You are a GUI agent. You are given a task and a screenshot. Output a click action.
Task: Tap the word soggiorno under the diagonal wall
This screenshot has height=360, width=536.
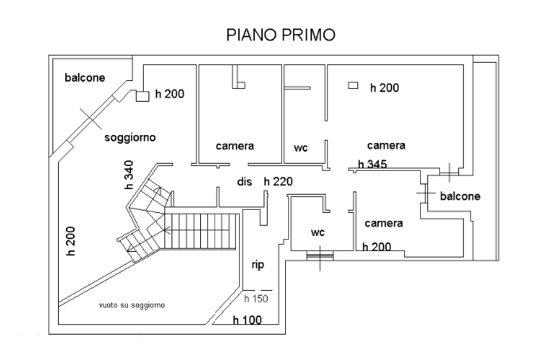coord(129,137)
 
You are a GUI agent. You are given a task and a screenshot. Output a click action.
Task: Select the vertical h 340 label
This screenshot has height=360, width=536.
coord(129,175)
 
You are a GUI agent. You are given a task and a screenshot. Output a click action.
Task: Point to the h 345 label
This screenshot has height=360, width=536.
coord(372,165)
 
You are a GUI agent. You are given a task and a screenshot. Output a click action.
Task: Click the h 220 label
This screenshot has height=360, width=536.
coord(278,181)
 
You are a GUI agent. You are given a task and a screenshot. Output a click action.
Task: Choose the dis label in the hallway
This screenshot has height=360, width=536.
coord(244,181)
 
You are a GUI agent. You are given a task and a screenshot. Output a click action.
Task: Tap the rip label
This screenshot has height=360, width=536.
coord(258,265)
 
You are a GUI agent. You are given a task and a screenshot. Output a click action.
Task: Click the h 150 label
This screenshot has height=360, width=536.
coord(256,299)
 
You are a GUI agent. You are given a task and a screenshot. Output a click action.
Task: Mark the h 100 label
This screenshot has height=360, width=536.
coord(247,320)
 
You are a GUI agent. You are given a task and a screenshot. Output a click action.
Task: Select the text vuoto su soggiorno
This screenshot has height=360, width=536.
coord(132,304)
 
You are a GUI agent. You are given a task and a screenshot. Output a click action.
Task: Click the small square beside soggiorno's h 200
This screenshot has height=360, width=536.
coord(143,96)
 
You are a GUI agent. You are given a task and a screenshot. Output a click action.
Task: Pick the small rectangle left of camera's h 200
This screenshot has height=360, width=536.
coord(353,85)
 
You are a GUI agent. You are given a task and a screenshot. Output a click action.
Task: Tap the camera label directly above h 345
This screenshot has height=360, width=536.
coord(386,145)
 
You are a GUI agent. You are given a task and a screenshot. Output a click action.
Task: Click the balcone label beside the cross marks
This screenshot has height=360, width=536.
coord(460,195)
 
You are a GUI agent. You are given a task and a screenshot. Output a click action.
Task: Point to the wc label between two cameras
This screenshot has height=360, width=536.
coord(300,148)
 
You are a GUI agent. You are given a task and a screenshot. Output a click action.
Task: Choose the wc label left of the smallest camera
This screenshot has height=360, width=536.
coord(318,233)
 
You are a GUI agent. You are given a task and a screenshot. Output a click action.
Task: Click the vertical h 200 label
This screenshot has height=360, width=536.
coord(69,237)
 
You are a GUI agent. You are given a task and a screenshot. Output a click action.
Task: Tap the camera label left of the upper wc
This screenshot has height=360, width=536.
coord(235,146)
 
